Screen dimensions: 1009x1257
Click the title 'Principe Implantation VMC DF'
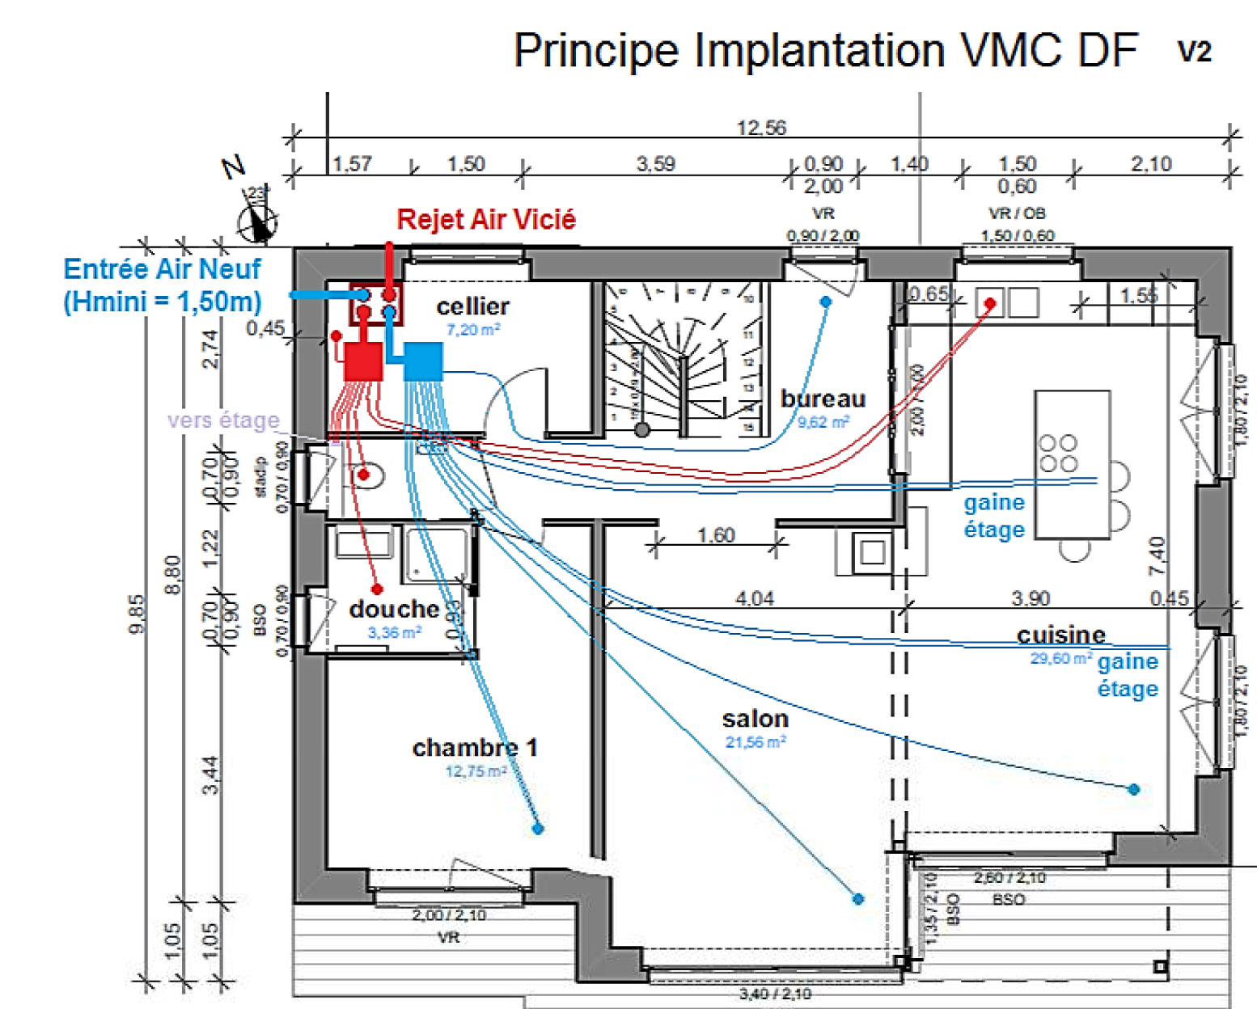[825, 50]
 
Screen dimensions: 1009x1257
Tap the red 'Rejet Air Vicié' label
[486, 219]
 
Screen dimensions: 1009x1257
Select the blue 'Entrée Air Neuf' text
[162, 268]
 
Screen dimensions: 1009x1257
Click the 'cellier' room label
[472, 306]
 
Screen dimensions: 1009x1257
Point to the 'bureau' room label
[823, 399]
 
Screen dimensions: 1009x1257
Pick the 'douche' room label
[394, 609]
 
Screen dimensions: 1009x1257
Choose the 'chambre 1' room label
[475, 748]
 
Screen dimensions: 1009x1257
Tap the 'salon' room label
[755, 719]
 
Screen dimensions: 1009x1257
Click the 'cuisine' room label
[1060, 635]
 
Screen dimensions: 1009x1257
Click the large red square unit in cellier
[363, 361]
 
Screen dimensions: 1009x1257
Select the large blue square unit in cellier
[423, 361]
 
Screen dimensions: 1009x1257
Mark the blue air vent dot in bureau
[825, 302]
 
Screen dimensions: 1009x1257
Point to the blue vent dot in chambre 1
[538, 829]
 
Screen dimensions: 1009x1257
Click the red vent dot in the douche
[376, 589]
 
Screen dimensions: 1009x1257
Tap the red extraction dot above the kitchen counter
[989, 304]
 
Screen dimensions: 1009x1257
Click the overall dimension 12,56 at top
[761, 128]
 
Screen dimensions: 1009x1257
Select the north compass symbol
[258, 220]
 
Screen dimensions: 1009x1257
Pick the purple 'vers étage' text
[223, 420]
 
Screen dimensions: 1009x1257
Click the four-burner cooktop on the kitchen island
[1058, 453]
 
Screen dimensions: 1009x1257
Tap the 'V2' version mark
[1194, 52]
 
